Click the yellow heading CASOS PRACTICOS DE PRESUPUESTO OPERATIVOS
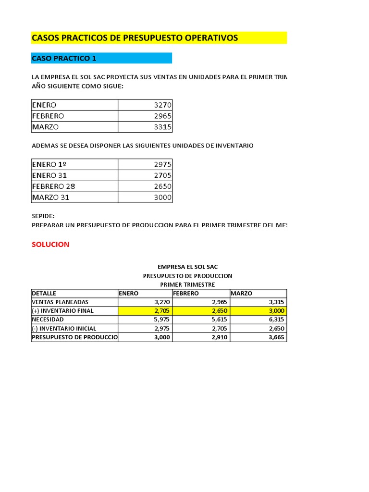[135, 38]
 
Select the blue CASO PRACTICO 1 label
[64, 58]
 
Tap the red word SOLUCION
[50, 244]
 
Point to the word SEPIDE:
[43, 216]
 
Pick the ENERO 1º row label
[49, 164]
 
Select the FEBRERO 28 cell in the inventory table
[54, 186]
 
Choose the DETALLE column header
[44, 293]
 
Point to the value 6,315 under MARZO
[275, 320]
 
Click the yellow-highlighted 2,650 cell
[217, 311]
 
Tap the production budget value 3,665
[275, 337]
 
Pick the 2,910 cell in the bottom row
[217, 337]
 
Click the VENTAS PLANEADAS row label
[60, 302]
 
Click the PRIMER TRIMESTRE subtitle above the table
[187, 284]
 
